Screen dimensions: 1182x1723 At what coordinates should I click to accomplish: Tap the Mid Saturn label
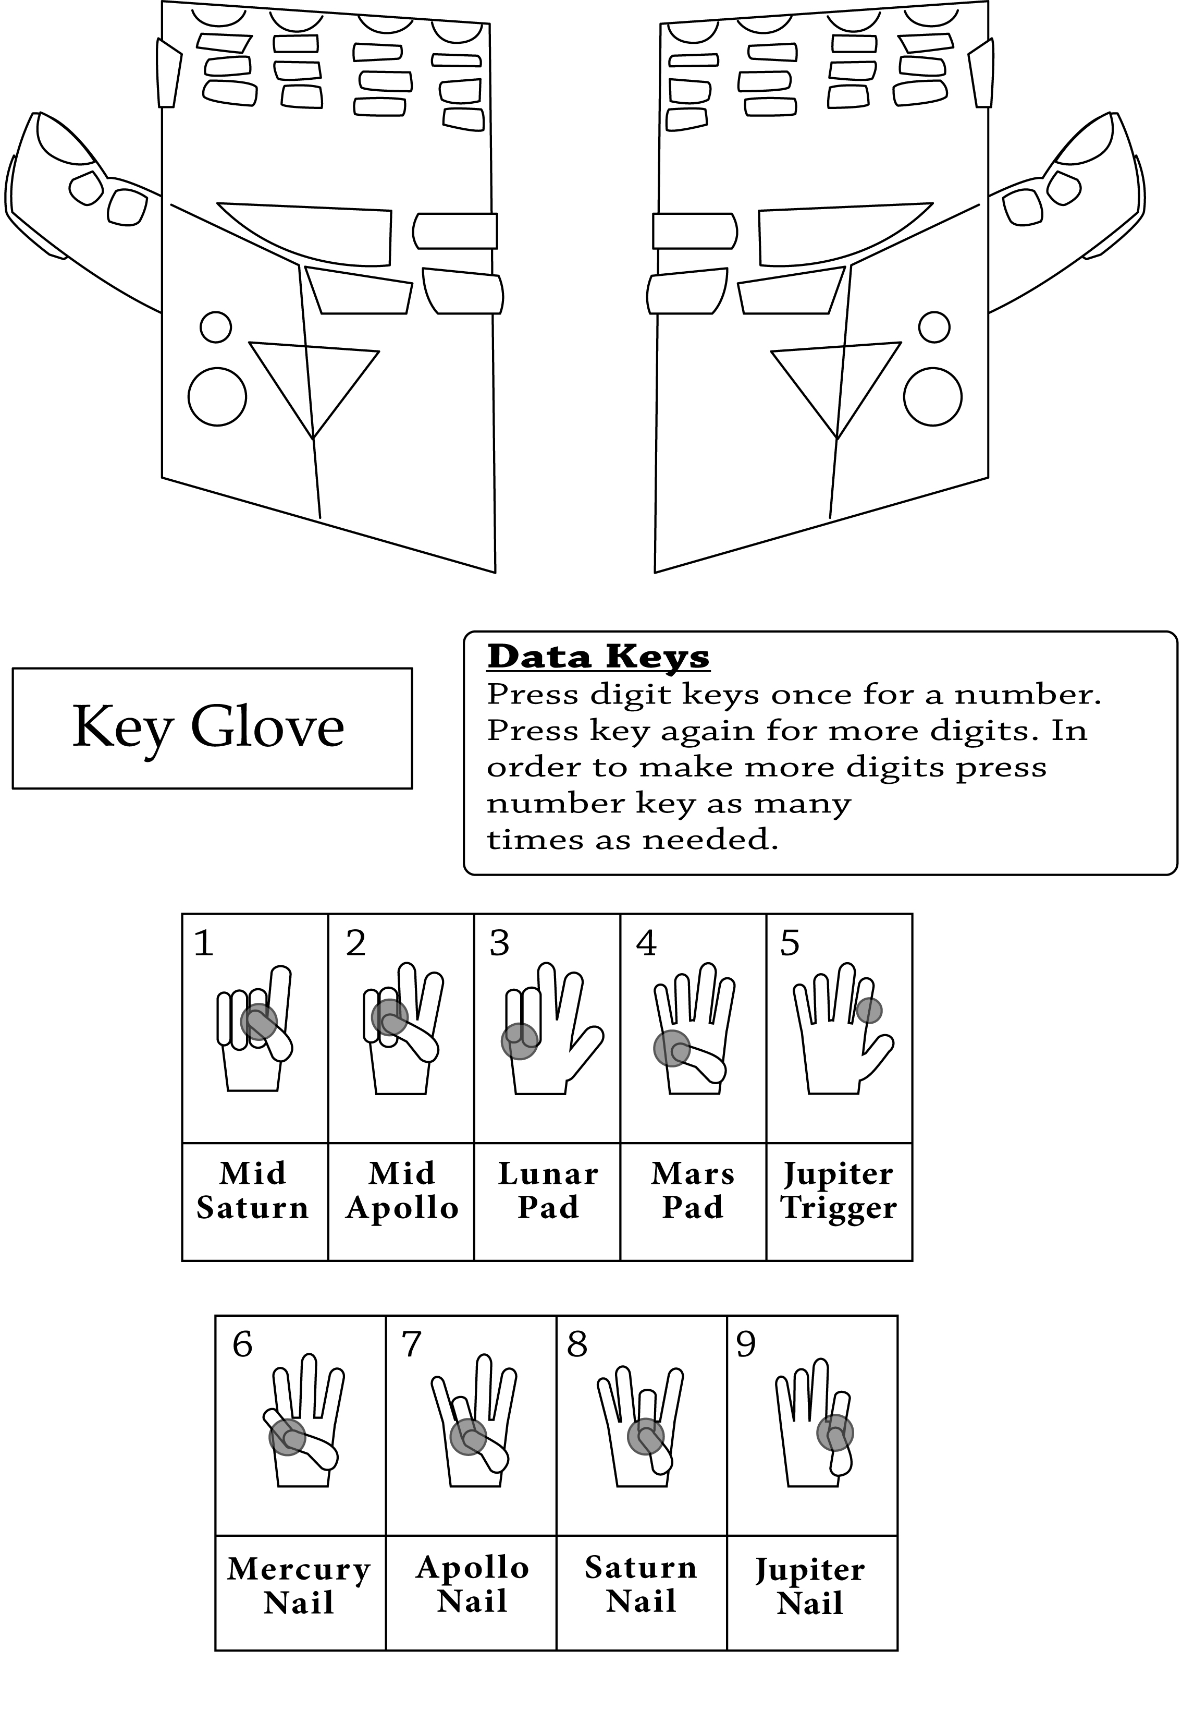[253, 1191]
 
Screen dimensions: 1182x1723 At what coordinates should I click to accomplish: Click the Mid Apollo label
[402, 1191]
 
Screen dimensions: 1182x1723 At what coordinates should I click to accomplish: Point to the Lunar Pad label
[548, 1191]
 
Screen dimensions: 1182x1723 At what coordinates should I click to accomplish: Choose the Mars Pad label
[693, 1191]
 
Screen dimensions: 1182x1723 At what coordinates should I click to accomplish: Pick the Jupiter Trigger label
[839, 1191]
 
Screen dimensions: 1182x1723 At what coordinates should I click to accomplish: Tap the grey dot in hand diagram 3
[520, 1041]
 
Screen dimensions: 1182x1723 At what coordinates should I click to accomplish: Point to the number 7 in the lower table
[411, 1344]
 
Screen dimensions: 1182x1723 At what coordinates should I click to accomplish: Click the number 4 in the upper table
[646, 943]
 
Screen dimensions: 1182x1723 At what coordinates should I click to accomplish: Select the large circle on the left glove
[217, 397]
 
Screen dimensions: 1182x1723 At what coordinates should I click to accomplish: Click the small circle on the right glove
[934, 327]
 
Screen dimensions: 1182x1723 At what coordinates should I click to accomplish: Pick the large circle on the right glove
[933, 397]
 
